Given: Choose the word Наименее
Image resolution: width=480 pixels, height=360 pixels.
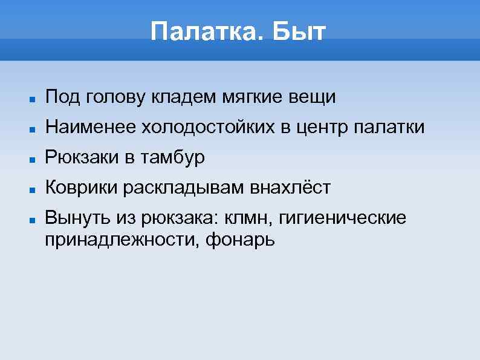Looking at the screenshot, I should click(x=91, y=127).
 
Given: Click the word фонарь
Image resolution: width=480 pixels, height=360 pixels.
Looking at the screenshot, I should click(x=240, y=240).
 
